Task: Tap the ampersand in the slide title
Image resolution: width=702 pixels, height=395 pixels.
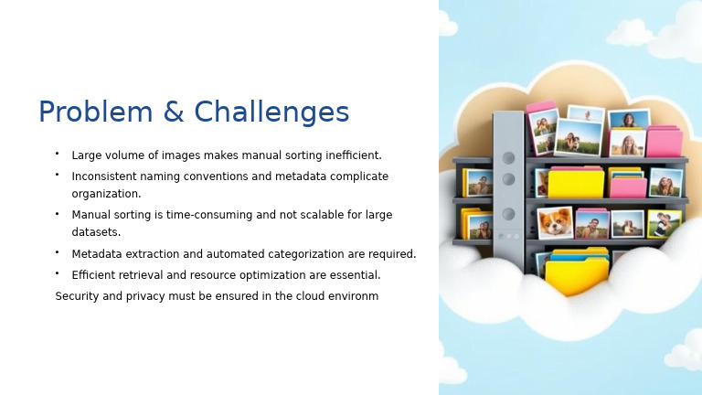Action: click(x=174, y=112)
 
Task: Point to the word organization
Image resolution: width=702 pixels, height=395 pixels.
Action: click(x=106, y=194)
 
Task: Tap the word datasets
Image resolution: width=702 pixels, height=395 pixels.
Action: click(x=96, y=232)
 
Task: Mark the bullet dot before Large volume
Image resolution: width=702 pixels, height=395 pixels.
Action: click(x=57, y=154)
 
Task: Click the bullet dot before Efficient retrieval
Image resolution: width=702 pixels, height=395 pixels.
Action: click(x=57, y=273)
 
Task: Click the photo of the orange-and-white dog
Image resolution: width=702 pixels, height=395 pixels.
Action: click(x=554, y=222)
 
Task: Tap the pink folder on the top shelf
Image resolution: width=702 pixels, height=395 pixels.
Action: click(x=664, y=142)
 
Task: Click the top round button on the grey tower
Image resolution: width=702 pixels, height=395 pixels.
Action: click(x=508, y=157)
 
